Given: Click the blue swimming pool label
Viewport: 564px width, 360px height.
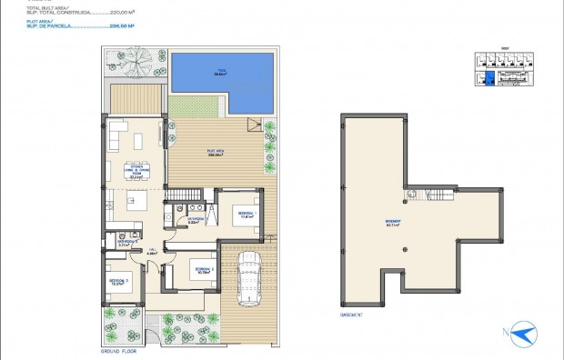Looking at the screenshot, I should click(x=220, y=72).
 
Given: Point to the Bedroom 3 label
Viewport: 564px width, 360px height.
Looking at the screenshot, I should click(x=121, y=283).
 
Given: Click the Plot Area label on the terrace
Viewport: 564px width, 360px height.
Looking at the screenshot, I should click(x=217, y=152).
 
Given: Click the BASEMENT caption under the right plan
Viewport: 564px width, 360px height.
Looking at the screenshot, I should click(x=351, y=315).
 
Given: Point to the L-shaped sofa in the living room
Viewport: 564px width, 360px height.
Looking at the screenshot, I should click(x=119, y=135).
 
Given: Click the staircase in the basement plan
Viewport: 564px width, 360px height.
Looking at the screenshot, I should click(x=441, y=197).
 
